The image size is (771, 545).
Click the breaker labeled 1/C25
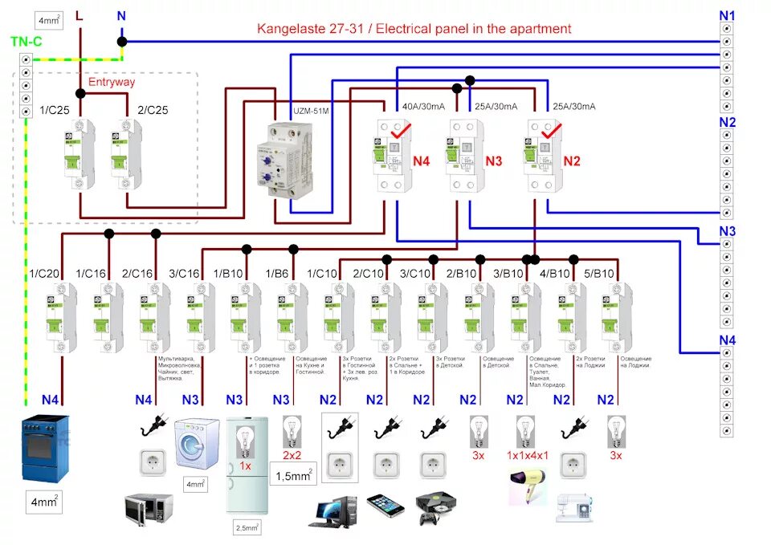tap(81, 153)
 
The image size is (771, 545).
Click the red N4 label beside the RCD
tap(422, 161)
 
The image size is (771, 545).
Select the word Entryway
tap(112, 83)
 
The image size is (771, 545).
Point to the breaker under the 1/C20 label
tap(62, 318)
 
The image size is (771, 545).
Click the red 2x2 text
tap(292, 456)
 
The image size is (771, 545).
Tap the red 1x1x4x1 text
tap(527, 456)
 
